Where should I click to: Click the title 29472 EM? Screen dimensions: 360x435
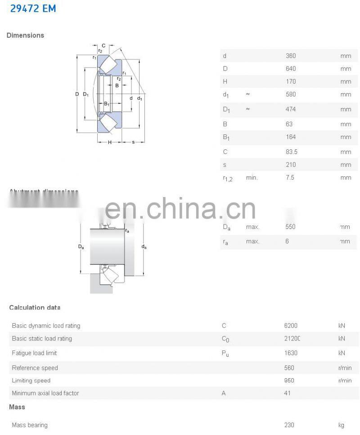coord(33,8)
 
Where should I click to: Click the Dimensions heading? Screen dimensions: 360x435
coord(25,35)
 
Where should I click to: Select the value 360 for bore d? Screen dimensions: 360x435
coord(291,56)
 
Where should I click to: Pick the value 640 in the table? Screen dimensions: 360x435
coord(291,69)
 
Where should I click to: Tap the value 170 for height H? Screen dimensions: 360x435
coord(291,81)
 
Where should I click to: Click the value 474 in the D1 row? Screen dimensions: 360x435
coord(291,109)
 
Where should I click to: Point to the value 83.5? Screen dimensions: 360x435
coord(292,152)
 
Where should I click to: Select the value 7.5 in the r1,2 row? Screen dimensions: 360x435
coord(290,178)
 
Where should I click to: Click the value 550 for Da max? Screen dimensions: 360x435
coord(291,227)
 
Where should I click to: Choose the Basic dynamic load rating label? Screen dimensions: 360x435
coord(46,326)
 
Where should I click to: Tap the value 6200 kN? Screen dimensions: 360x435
coord(291,326)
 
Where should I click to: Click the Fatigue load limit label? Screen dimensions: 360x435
coord(34,353)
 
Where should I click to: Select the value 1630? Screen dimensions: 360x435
coord(291,353)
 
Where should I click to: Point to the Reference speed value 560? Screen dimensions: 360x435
coord(289,368)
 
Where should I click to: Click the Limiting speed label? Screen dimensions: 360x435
coord(31,381)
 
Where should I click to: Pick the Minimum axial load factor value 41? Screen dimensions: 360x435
coord(288,393)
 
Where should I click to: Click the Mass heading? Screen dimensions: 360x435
coord(17,407)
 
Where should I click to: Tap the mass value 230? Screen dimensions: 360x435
coord(289,425)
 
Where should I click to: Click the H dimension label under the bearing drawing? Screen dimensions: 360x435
coord(109,143)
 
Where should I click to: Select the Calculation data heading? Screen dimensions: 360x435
coord(35,308)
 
